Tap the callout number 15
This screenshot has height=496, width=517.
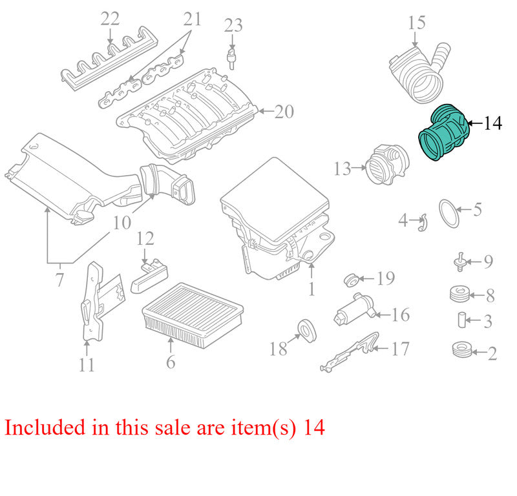tap(417, 23)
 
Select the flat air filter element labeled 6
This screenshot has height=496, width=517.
tap(193, 315)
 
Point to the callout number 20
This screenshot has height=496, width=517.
tap(284, 112)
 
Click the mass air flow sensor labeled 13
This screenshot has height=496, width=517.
tap(387, 164)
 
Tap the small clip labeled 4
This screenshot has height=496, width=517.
tap(423, 223)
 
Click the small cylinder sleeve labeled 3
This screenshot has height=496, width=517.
tap(462, 320)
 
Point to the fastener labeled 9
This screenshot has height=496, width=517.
tap(461, 262)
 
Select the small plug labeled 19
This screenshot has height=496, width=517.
tap(352, 280)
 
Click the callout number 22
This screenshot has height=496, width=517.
tap(110, 19)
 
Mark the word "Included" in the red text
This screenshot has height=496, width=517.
tap(45, 427)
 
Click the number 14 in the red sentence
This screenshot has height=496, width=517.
tap(314, 428)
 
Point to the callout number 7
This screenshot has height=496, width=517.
tap(59, 280)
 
